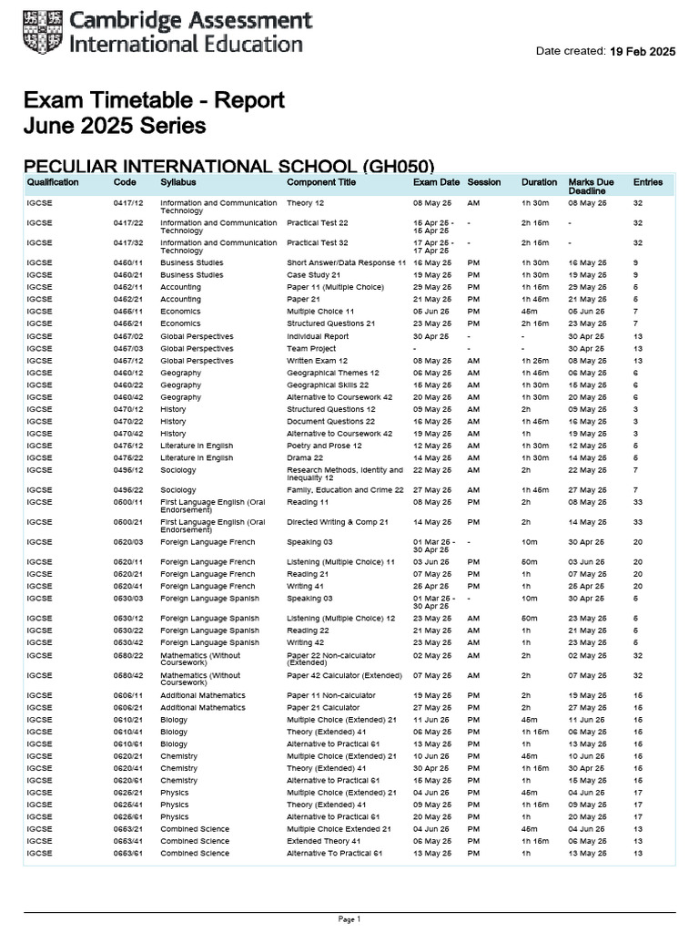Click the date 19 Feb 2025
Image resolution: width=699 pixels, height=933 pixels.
(643, 52)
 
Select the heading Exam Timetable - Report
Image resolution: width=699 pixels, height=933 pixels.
(154, 100)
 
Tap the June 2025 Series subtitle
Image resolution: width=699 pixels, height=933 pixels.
(114, 126)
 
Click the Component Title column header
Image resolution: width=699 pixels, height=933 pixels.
(321, 182)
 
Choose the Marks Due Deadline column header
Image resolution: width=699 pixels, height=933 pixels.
(591, 187)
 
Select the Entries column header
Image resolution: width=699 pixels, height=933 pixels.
(648, 182)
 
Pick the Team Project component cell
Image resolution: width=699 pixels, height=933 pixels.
(311, 348)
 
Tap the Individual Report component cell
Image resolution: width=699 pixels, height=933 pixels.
(318, 336)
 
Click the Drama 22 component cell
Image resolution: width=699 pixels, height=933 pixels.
(307, 458)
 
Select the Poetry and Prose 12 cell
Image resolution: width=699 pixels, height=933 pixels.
(324, 446)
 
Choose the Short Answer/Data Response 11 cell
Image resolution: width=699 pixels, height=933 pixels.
(346, 262)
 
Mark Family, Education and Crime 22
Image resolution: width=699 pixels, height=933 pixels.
(345, 490)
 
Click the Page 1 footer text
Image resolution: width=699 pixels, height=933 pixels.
(349, 919)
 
